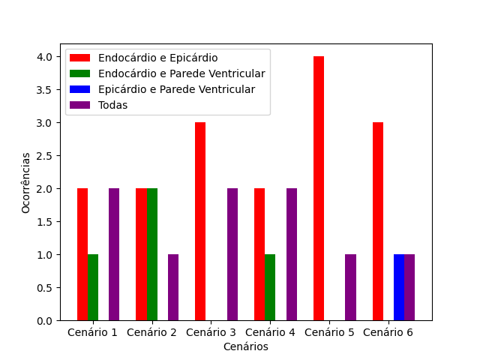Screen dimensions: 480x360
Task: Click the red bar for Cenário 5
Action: click(x=319, y=188)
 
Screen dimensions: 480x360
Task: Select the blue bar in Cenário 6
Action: click(x=399, y=287)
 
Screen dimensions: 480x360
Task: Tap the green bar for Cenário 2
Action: click(x=152, y=254)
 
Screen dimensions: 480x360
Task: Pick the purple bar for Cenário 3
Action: click(x=232, y=254)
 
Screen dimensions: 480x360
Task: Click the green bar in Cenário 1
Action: click(x=93, y=287)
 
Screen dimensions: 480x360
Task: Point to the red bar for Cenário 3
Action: click(x=200, y=221)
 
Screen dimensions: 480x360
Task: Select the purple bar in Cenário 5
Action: click(x=350, y=287)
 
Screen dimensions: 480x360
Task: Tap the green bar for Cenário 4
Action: click(x=270, y=287)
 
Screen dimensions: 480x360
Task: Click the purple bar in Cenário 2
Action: click(x=173, y=287)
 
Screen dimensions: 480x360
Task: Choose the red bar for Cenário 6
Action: click(x=378, y=221)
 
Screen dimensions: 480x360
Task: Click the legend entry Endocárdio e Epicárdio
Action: click(x=158, y=58)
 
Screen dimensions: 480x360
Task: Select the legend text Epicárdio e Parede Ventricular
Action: click(x=177, y=89)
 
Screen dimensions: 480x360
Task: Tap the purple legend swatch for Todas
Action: click(x=80, y=105)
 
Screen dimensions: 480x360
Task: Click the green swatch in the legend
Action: click(x=80, y=73)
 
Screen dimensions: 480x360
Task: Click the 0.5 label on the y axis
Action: click(x=44, y=288)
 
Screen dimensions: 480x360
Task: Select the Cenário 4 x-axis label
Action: click(x=270, y=332)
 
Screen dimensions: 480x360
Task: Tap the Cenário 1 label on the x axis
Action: click(x=92, y=332)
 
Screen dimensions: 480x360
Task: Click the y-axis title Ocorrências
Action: click(x=25, y=183)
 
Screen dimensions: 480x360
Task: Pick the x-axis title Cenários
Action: click(x=246, y=346)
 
